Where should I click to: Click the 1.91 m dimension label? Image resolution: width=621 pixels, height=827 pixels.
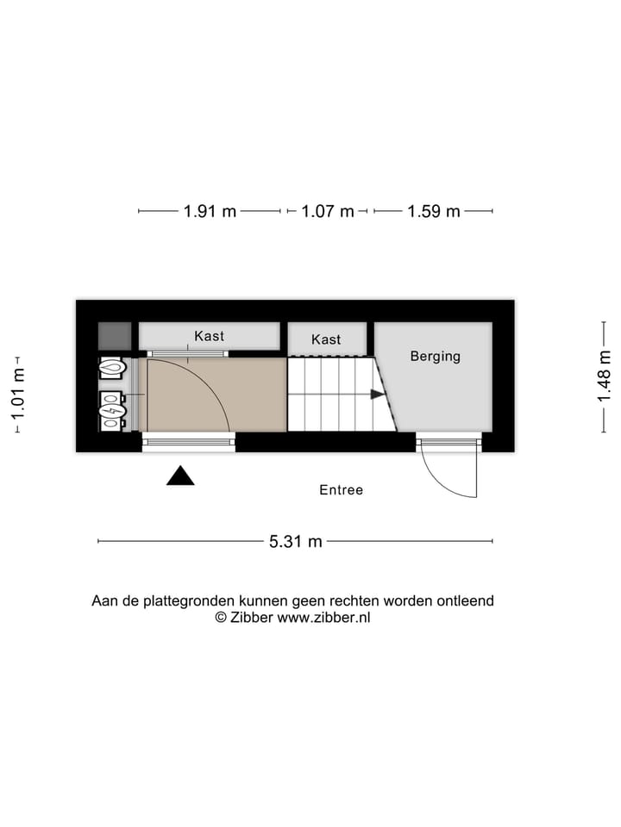(210, 211)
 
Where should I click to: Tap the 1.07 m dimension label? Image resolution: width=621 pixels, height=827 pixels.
(328, 211)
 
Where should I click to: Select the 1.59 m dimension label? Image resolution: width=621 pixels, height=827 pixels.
(434, 211)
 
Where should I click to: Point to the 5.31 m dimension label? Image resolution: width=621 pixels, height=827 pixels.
(296, 541)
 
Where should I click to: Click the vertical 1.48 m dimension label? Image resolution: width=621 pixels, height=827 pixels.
(605, 376)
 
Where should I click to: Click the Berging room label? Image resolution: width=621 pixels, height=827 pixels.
(435, 356)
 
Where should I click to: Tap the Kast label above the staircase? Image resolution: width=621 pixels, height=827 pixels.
(326, 339)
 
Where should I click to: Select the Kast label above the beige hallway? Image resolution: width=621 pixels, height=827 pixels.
(209, 336)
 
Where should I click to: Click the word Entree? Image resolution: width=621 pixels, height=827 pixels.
(342, 490)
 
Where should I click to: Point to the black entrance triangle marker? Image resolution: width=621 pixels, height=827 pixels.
(180, 476)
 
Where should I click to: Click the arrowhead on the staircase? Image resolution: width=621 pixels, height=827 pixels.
(378, 395)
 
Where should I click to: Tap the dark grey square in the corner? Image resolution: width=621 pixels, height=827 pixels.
(114, 335)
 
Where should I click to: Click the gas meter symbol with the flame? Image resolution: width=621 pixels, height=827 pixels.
(112, 369)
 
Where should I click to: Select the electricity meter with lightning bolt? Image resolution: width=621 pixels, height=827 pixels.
(112, 411)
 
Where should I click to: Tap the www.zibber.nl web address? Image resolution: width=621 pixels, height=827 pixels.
(323, 617)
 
